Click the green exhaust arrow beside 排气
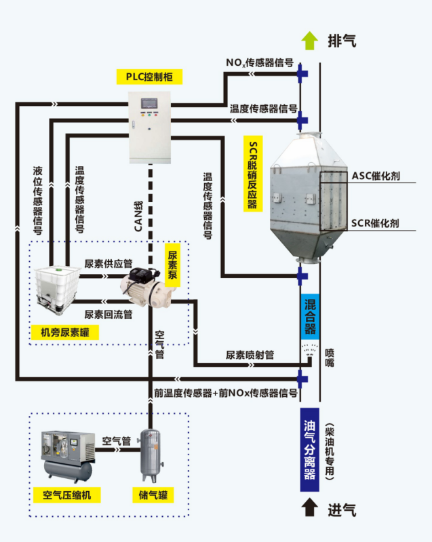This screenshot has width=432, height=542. tap(309, 41)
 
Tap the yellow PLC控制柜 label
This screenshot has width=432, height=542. tap(149, 77)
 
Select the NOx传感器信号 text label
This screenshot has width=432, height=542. tap(260, 63)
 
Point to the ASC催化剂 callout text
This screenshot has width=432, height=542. tap(375, 176)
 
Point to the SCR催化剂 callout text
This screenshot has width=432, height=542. tap(375, 222)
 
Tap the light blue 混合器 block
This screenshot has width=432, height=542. tap(309, 315)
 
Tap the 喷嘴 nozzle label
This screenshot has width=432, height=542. tap(330, 357)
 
